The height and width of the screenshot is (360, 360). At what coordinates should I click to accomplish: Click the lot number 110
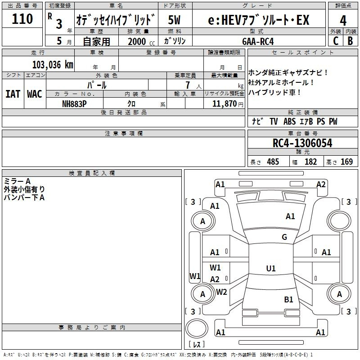tap(22, 18)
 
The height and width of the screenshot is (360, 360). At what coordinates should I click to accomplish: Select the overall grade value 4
tap(343, 20)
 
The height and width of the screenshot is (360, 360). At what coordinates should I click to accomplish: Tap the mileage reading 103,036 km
tap(53, 65)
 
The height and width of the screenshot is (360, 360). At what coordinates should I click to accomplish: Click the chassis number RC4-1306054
tap(302, 143)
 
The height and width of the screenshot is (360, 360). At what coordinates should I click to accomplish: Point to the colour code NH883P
tap(74, 104)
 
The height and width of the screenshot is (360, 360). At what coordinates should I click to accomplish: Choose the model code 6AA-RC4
tap(258, 41)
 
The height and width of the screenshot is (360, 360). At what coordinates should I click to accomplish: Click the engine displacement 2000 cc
tap(141, 41)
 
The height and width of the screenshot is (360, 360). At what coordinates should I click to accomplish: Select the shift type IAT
tap(13, 94)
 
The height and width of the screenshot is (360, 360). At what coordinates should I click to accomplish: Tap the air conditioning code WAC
tap(35, 94)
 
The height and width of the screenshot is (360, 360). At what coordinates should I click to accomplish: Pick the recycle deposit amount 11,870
tap(224, 104)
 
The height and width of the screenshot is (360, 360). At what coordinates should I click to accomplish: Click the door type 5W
tap(174, 20)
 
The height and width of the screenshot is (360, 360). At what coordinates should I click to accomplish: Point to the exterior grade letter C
tap(336, 41)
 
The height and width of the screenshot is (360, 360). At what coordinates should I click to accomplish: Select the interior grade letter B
tap(350, 41)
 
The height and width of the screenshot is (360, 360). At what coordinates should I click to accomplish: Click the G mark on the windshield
tap(284, 237)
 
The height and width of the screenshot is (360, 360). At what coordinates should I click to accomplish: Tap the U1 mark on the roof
tap(271, 268)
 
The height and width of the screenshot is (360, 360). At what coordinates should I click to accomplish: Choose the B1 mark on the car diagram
tap(288, 299)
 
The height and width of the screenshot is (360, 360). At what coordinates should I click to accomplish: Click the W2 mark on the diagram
tap(221, 292)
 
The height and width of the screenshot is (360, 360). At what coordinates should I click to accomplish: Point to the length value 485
tap(273, 162)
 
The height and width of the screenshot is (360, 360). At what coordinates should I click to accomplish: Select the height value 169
tap(346, 162)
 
